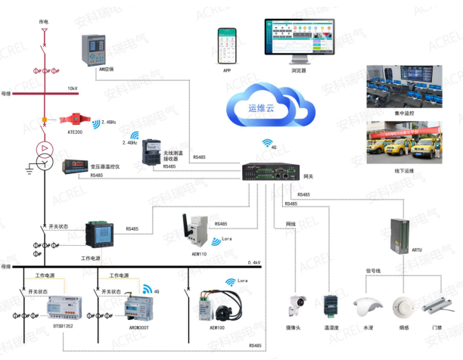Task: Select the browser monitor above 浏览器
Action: (x=297, y=41)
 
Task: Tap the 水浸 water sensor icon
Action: (x=368, y=308)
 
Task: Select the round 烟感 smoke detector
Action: (x=402, y=307)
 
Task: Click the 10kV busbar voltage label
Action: (x=73, y=88)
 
